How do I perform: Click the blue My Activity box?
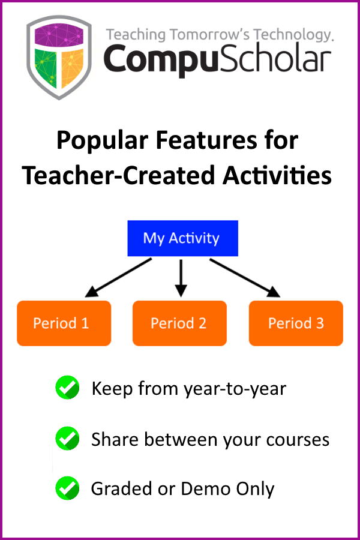coord(182,238)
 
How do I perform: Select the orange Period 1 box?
coord(64,323)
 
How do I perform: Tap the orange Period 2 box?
coord(179,323)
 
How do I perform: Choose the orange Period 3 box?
coord(296,323)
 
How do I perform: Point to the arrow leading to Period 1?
coord(118,278)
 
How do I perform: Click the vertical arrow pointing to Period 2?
coord(181,278)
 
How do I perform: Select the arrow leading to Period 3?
coord(245,278)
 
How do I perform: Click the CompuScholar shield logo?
coord(59,58)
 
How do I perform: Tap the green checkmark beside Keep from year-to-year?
coord(68,388)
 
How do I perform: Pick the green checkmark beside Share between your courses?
coord(68,439)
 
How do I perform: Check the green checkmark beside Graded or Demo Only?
coord(68,488)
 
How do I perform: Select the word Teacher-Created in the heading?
coord(120,175)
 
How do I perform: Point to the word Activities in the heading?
coord(277,175)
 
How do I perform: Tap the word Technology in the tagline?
coord(293,35)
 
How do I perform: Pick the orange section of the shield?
coord(73,67)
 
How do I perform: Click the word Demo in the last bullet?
coord(205,488)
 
